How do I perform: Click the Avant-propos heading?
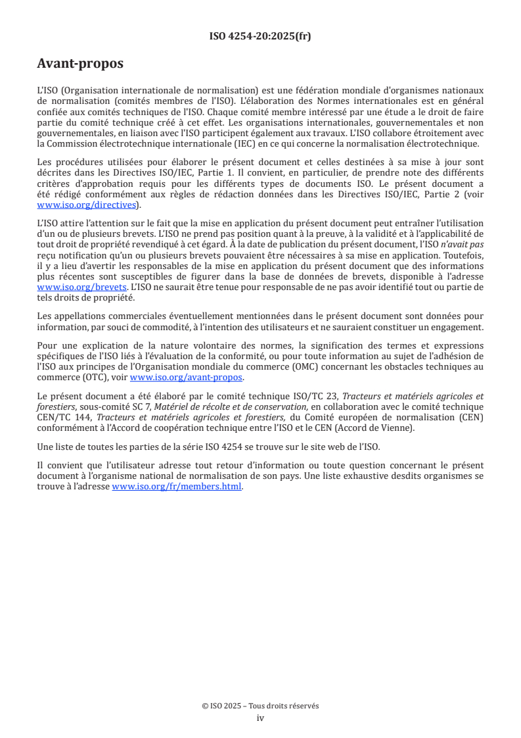tap(80, 64)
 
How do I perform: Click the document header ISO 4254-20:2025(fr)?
tap(260, 36)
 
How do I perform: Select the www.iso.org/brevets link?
tap(81, 287)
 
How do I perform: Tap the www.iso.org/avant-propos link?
tap(187, 378)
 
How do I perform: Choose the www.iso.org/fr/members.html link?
tap(177, 487)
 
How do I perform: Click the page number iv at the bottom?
tap(260, 718)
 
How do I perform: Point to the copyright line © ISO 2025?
tap(260, 706)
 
